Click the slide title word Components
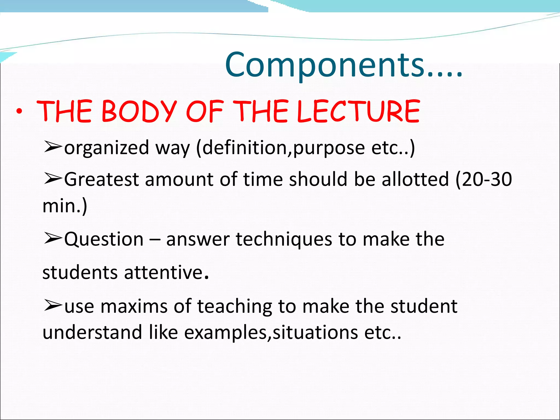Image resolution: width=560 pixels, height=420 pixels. point(324,66)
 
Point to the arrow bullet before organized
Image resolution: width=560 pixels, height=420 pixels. point(52,147)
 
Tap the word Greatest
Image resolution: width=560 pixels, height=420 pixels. point(101,179)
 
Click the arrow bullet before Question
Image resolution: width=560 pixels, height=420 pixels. point(52,238)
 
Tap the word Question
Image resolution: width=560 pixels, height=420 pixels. point(104,239)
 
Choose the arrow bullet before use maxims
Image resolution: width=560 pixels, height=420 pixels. point(52,305)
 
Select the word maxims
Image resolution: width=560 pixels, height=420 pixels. point(134,306)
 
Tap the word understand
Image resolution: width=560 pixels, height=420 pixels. point(92,332)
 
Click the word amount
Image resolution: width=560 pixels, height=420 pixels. point(179,179)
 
